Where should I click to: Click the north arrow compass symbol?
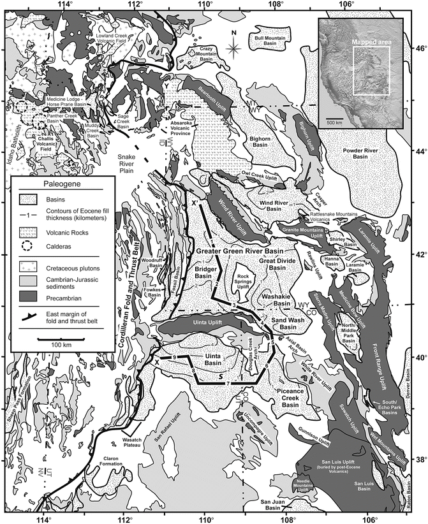[234, 45]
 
